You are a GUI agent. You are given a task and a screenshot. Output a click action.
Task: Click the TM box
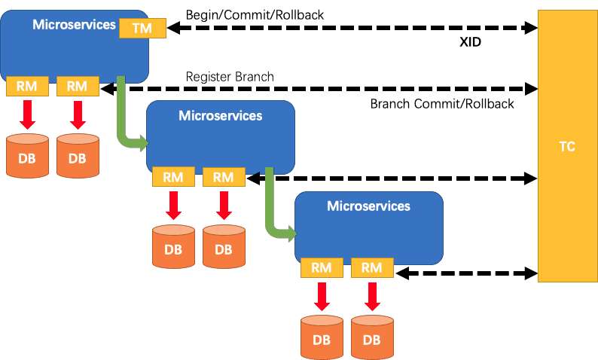point(142,28)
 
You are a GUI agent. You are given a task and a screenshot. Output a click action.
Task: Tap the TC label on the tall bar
point(566,146)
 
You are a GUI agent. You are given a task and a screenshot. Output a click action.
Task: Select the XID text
point(470,42)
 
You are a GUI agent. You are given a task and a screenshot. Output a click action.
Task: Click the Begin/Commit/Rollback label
point(255,15)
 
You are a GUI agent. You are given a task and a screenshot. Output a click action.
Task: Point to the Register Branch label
point(230,77)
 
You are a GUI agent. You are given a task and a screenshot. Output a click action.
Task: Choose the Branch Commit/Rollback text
point(442,104)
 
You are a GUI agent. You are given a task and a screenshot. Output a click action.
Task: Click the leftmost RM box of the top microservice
point(27,86)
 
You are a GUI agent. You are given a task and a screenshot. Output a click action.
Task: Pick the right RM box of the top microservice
point(78,86)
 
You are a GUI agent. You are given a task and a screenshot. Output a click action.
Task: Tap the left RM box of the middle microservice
point(173,177)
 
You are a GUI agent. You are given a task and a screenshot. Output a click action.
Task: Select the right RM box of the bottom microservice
point(372,267)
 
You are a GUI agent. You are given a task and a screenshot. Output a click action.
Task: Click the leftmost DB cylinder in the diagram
point(27,156)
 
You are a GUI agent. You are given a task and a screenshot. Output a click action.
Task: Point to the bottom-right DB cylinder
point(372,337)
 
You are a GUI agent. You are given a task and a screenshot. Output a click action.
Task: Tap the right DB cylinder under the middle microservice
point(224,247)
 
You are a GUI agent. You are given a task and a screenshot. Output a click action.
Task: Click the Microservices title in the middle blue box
point(221,115)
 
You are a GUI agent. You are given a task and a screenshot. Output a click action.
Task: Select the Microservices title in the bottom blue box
point(369,206)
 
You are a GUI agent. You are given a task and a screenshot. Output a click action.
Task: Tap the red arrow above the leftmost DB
point(27,115)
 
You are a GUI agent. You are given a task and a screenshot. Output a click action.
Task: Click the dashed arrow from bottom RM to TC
point(466,273)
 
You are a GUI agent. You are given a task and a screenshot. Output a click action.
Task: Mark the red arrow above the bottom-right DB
point(372,297)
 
